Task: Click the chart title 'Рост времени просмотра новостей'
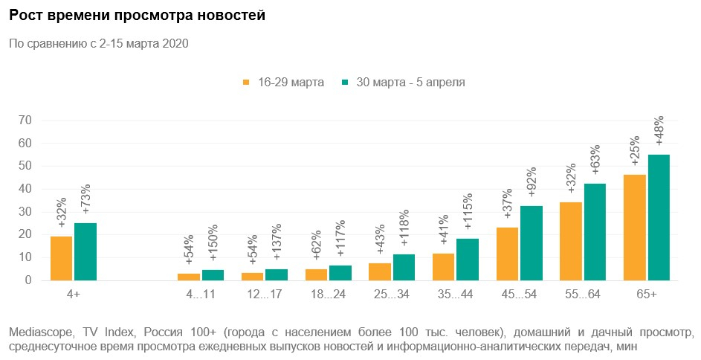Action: (x=137, y=15)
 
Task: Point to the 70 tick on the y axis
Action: (x=26, y=120)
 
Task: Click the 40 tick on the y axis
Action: (x=26, y=189)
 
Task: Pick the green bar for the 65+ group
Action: (x=659, y=217)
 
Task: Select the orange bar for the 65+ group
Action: (x=635, y=228)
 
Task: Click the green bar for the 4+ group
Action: (x=85, y=251)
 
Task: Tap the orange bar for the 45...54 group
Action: (x=507, y=254)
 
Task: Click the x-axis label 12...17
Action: (x=264, y=295)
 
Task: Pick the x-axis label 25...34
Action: (x=391, y=295)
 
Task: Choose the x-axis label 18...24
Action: (x=328, y=295)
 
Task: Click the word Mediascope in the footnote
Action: (x=37, y=331)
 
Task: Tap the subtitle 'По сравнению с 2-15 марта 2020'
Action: (x=98, y=43)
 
